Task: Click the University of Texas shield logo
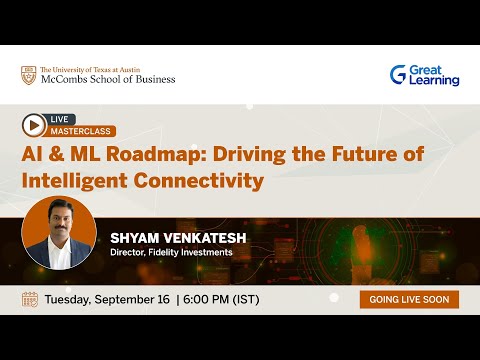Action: pos(28,75)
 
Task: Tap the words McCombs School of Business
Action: pos(107,80)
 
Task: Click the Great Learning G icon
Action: pos(398,74)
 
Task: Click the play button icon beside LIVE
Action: pos(34,125)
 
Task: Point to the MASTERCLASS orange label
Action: pos(82,131)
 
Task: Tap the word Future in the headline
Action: pos(354,155)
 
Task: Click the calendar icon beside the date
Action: pos(29,299)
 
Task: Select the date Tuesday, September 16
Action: pos(107,299)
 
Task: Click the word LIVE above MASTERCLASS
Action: pos(62,119)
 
